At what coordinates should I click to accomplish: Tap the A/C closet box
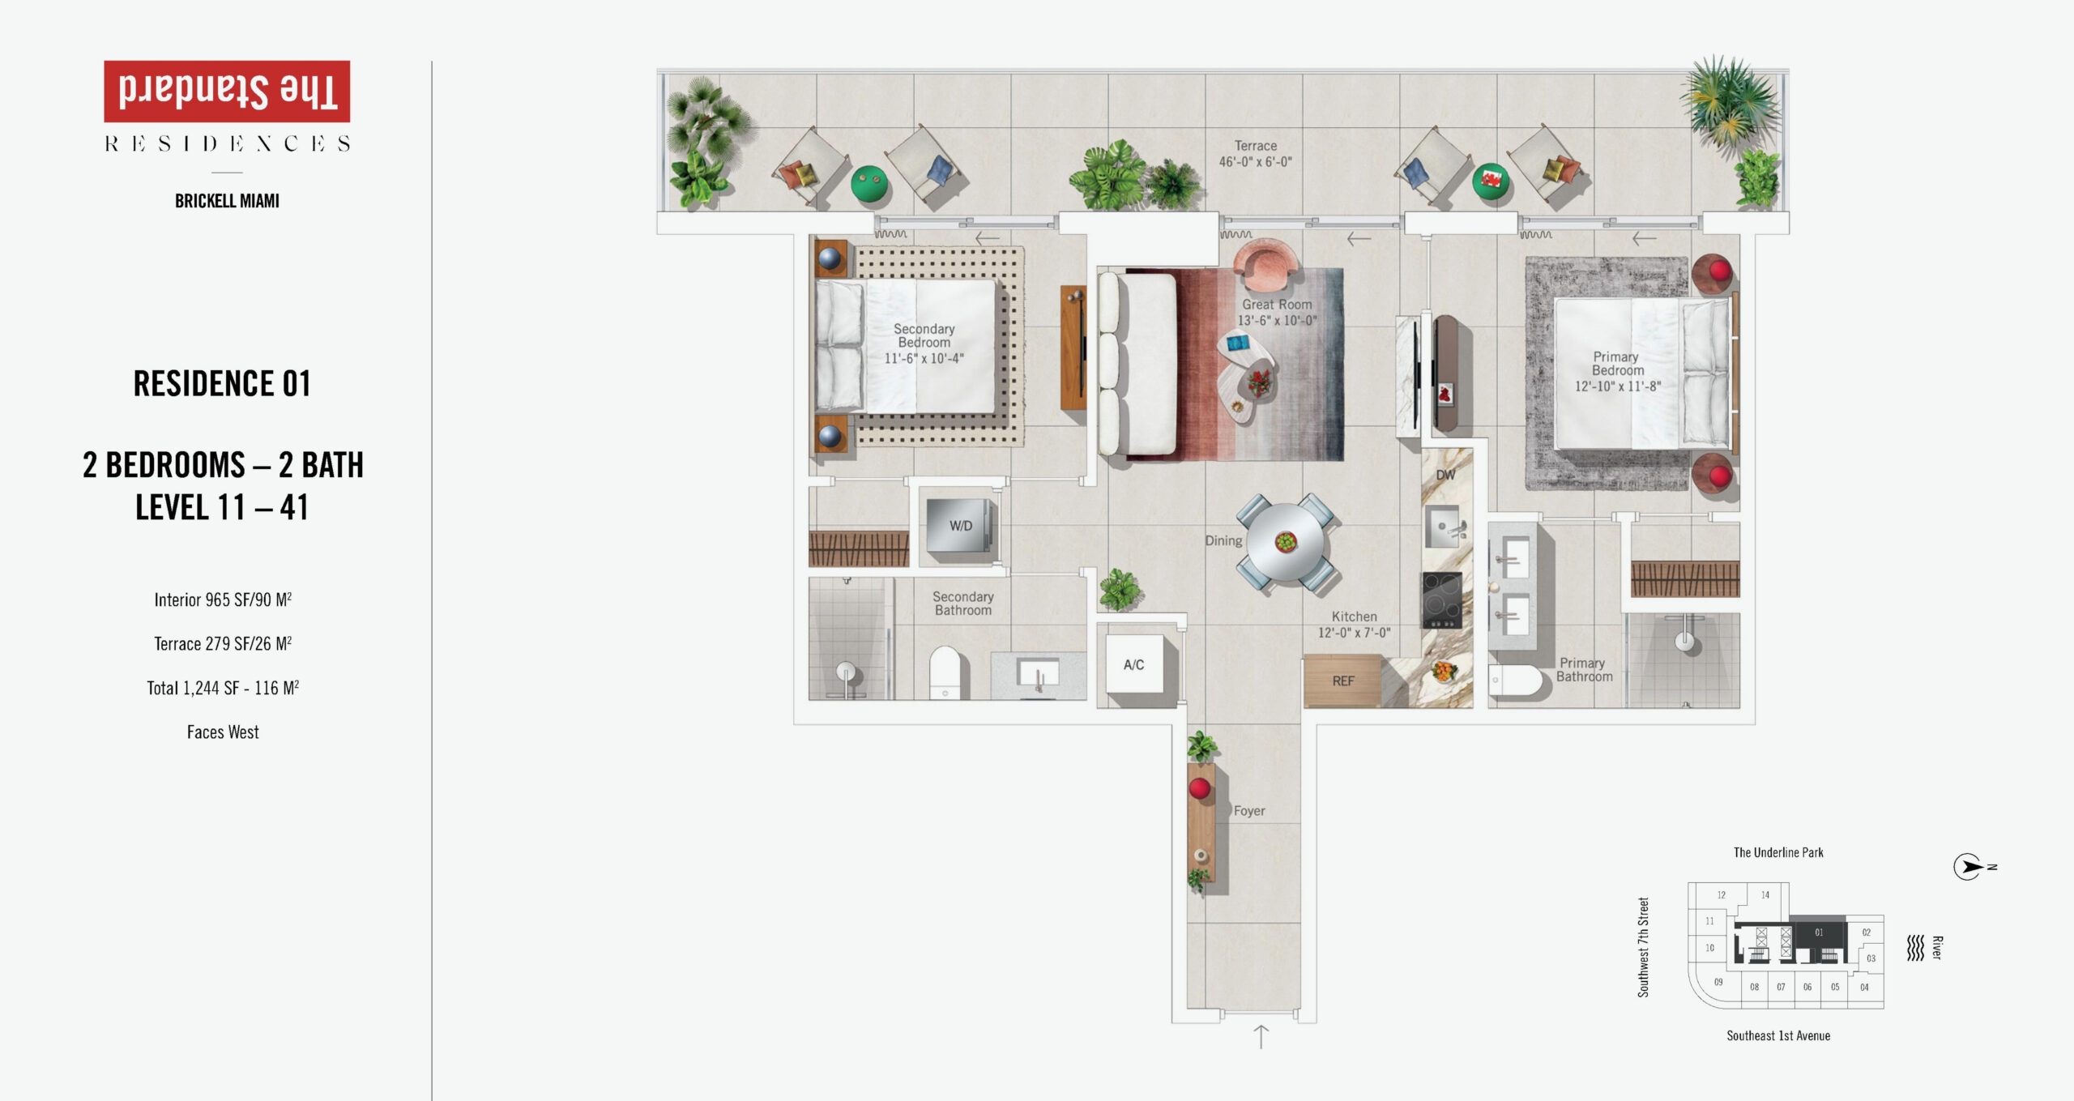(1134, 664)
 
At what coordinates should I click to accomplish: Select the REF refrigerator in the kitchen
(1342, 681)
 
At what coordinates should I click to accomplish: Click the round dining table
(1286, 542)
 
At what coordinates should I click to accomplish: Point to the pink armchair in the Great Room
(1265, 264)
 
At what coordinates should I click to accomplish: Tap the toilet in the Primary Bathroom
(1515, 681)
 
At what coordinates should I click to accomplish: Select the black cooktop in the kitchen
(1442, 600)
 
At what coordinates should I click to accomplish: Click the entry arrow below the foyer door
(1261, 1037)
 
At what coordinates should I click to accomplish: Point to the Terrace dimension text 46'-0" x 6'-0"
(1256, 162)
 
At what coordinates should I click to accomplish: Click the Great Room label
(1277, 305)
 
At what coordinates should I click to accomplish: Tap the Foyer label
(1249, 811)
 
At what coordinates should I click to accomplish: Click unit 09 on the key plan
(1718, 982)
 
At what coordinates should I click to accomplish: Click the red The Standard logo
(227, 92)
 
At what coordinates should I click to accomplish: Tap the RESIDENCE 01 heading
(222, 383)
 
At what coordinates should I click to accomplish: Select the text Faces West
(223, 732)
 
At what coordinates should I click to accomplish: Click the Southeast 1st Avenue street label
(1778, 1035)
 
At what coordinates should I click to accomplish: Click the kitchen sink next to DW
(1442, 526)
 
